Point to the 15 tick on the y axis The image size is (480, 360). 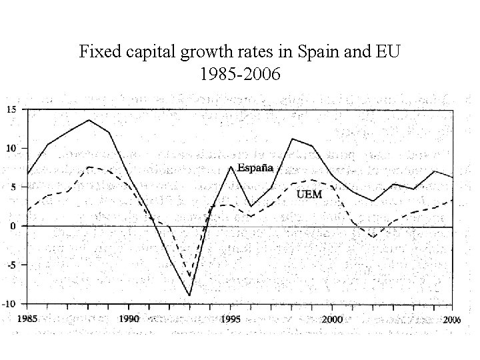click(12, 109)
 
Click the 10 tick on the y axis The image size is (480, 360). click(12, 148)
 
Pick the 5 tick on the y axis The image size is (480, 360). click(14, 187)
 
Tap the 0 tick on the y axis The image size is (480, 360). click(14, 226)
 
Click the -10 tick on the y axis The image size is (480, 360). click(11, 303)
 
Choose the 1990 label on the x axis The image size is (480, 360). click(129, 319)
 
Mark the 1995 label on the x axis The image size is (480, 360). click(231, 319)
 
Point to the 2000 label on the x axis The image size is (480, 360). click(333, 319)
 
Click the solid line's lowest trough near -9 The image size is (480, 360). click(190, 295)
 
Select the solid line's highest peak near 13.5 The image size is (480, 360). click(89, 120)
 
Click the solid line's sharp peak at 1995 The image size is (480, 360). click(231, 167)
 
